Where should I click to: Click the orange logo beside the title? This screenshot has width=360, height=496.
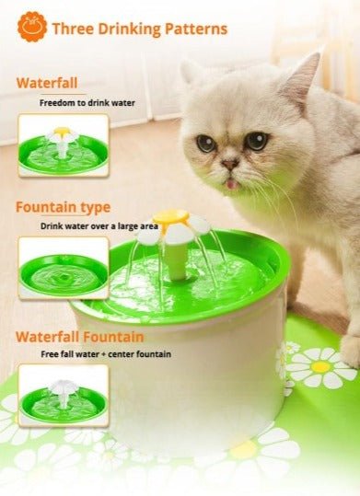(x=32, y=27)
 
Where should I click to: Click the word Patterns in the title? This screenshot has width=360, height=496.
(x=196, y=29)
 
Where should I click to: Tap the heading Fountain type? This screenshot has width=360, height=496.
(x=63, y=208)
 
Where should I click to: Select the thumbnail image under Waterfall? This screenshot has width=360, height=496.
(x=64, y=145)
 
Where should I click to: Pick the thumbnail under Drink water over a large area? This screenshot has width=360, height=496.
(x=64, y=268)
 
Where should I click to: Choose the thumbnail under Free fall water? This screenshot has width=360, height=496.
(x=64, y=396)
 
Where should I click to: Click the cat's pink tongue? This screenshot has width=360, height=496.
(x=232, y=183)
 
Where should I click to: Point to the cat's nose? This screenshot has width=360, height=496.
(x=230, y=164)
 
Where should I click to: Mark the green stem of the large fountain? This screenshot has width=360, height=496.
(x=177, y=261)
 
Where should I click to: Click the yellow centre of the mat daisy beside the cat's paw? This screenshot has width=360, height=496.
(x=320, y=367)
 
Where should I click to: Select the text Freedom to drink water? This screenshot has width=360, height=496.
(x=87, y=103)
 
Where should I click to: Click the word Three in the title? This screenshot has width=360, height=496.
(x=73, y=29)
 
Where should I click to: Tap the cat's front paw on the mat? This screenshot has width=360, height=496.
(x=351, y=352)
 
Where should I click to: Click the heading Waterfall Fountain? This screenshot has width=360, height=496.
(x=80, y=337)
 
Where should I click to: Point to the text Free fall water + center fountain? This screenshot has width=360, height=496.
(x=106, y=354)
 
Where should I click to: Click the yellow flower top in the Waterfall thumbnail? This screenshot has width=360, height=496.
(x=62, y=131)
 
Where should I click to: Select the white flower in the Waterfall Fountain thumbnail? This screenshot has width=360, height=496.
(x=63, y=386)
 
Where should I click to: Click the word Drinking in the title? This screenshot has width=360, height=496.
(x=129, y=29)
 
